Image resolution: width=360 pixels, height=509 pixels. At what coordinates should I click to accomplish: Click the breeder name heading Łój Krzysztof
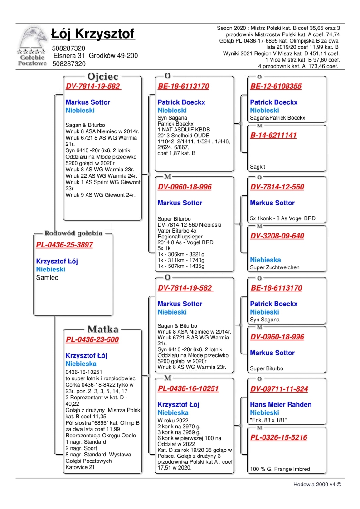coord(93,34)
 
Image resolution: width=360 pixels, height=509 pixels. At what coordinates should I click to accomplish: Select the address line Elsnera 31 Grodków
coord(96,56)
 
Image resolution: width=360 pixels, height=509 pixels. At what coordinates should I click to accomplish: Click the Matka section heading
coord(103,329)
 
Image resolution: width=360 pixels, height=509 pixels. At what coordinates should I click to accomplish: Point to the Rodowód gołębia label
coord(73,233)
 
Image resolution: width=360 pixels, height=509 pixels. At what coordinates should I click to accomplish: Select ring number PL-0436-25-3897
coord(64,245)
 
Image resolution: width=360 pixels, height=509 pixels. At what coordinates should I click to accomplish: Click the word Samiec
coord(47,277)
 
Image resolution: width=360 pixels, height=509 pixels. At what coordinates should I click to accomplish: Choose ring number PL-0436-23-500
coord(92,339)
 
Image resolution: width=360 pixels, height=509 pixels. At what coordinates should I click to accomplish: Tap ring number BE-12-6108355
coord(276,87)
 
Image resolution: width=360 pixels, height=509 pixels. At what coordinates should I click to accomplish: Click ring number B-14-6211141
coord(273,135)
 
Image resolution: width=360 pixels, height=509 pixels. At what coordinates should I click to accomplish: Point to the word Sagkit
coord(258,167)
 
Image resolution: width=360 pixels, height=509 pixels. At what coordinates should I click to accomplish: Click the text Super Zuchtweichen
coord(275,267)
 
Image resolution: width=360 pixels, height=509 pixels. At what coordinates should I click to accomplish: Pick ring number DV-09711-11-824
coord(279,389)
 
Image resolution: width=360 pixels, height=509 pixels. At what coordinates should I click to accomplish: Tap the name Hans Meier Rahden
coord(281,404)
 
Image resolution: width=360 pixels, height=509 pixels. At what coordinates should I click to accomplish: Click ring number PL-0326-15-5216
coord(278,437)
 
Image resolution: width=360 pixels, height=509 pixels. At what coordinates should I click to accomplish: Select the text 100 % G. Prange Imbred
coord(280,469)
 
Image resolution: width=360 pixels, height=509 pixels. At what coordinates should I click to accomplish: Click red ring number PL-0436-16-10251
coord(188,388)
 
